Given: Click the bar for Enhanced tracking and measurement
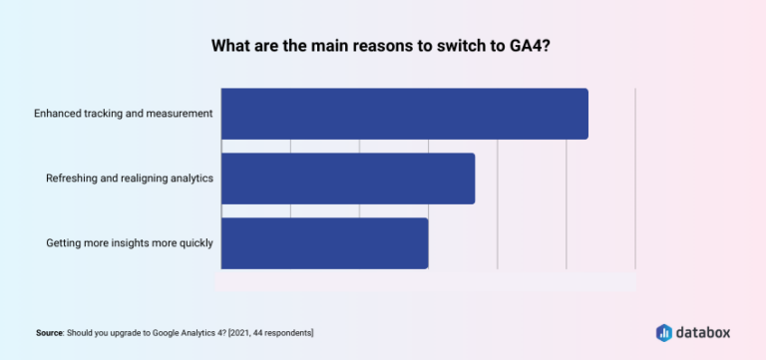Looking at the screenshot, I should [404, 114].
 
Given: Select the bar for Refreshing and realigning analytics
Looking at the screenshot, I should [347, 179].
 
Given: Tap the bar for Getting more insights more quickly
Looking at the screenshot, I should [324, 243].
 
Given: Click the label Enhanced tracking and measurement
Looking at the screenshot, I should [123, 114].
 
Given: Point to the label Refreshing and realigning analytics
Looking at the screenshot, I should [130, 179].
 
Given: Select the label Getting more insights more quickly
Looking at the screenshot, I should [130, 243].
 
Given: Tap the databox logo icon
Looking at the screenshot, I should [664, 332].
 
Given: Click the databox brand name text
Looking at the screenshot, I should [704, 332].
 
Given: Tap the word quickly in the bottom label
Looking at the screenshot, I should [191, 243].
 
